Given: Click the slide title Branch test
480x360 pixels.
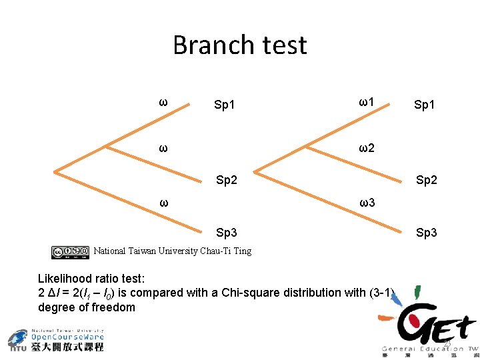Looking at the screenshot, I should tap(239, 45).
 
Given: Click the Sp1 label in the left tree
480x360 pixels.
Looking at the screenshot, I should tap(225, 105).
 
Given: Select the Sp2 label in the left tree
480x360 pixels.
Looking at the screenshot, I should tap(227, 179).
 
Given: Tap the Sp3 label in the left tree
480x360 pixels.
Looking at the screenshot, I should tap(227, 233).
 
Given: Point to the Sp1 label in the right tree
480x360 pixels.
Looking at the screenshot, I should tap(425, 105).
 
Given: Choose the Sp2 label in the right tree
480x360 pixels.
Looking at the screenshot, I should tap(426, 179).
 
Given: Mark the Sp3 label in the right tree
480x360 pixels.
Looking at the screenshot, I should tap(426, 233).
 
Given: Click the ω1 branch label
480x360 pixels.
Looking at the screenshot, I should tap(366, 102).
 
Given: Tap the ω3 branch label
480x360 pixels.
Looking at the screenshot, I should tap(366, 201).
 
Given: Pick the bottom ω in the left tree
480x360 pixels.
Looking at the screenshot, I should tap(163, 201).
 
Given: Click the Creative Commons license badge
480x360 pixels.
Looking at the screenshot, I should tap(70, 252).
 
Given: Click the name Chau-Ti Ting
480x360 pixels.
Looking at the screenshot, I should tap(226, 251).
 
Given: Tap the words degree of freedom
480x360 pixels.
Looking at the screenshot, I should tap(87, 307).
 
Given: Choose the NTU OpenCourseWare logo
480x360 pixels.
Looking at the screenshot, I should tap(57, 340).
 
